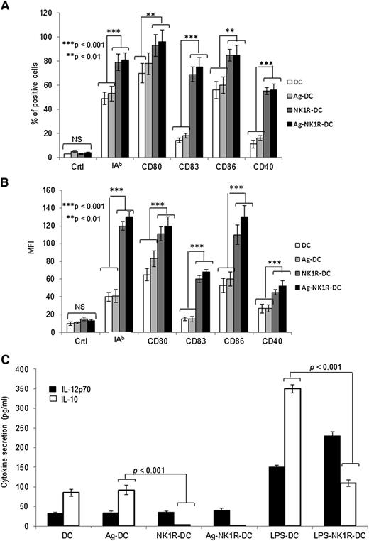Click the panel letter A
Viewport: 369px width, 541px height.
coord(6,6)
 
